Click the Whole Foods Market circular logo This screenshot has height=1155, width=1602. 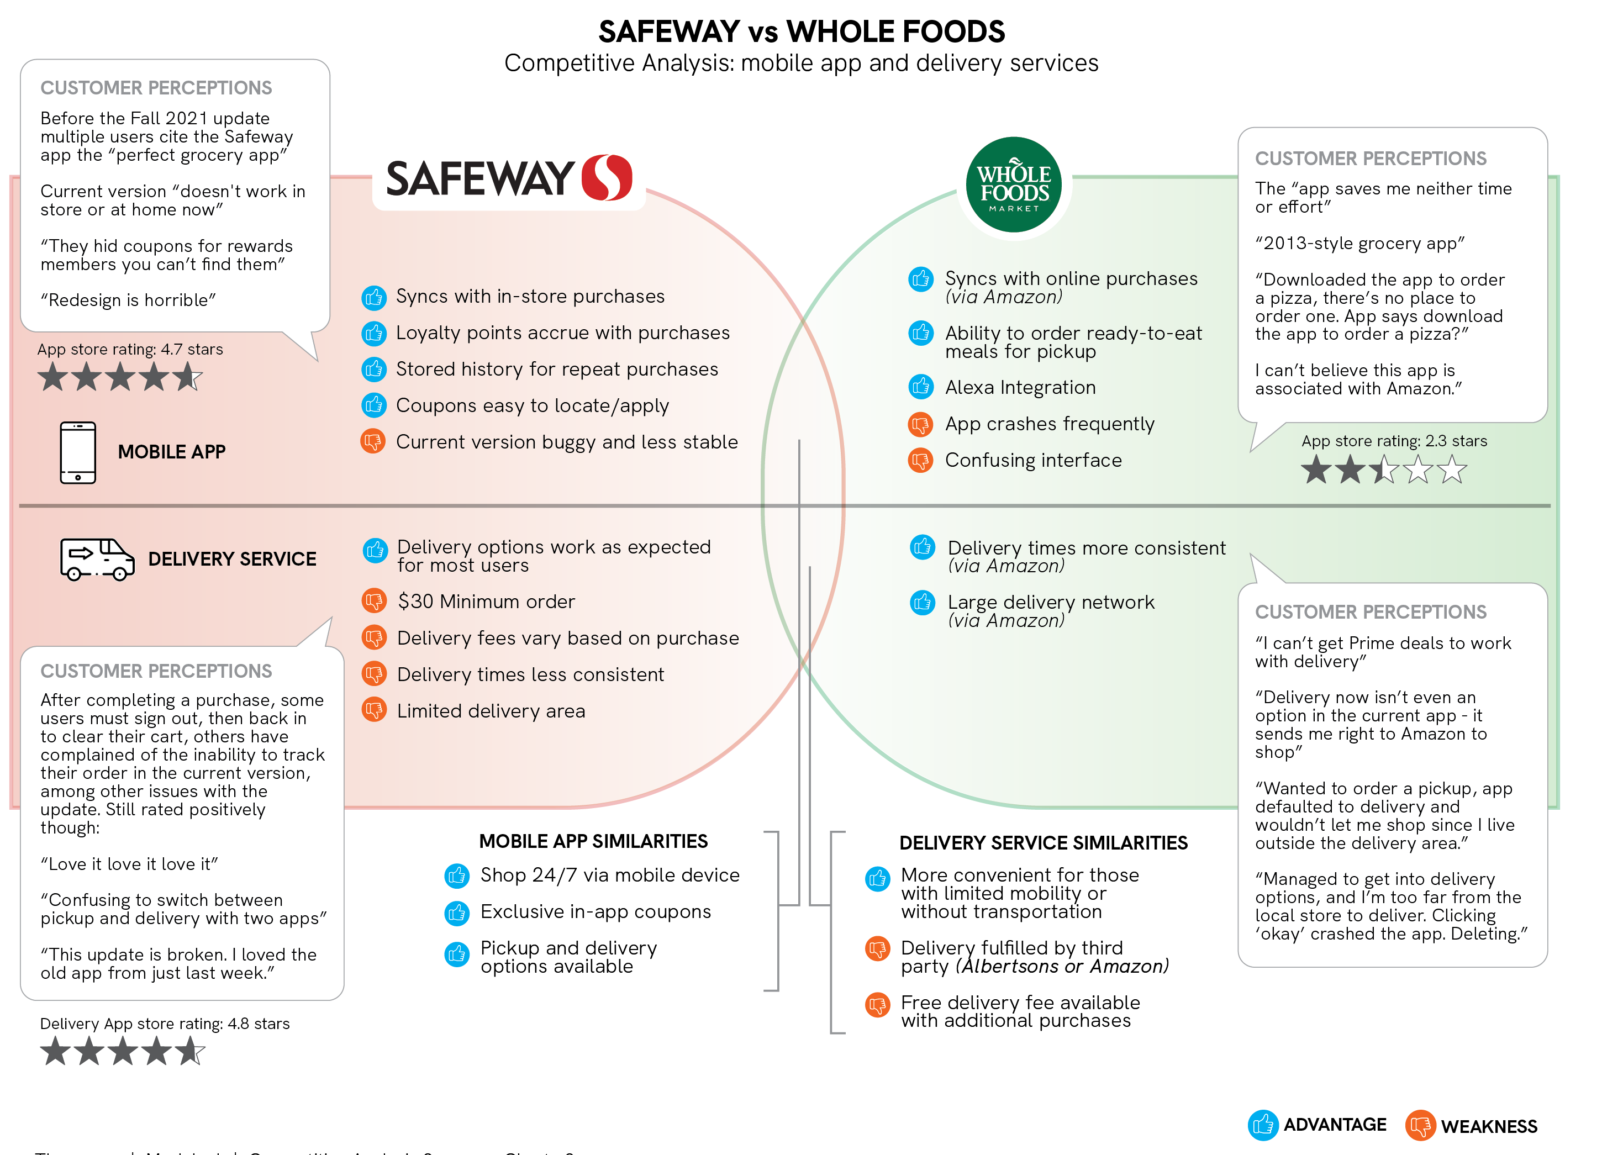1014,185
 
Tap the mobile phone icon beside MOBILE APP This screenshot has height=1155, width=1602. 78,452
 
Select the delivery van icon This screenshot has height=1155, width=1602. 97,559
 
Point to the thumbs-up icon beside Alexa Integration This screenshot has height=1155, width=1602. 920,387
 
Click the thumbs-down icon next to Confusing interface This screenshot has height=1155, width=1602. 920,461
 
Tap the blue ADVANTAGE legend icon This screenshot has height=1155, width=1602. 1262,1125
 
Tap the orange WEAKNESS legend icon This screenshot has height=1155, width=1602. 1420,1125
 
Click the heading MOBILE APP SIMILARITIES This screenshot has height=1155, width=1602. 593,841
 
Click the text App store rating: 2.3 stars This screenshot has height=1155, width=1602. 1394,441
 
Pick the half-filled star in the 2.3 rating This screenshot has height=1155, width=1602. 1384,470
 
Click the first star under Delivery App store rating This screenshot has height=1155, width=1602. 55,1051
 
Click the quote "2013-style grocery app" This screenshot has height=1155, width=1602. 1359,244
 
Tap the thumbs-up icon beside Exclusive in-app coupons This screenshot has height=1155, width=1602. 456,913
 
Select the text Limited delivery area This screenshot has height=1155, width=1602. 491,711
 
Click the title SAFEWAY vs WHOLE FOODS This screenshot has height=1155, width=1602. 801,32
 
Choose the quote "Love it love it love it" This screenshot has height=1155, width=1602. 129,864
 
